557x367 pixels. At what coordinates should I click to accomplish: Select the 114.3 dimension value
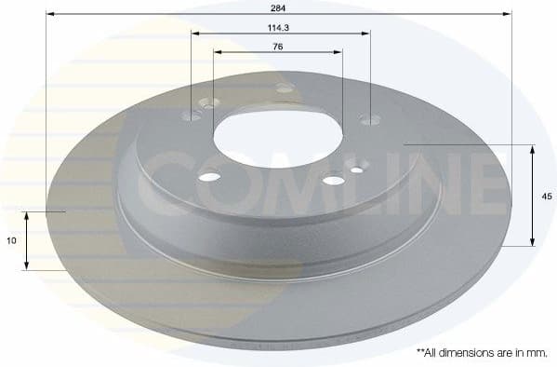(x=280, y=27)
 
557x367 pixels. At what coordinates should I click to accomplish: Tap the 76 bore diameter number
(x=277, y=46)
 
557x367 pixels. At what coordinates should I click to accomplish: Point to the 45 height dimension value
(x=547, y=197)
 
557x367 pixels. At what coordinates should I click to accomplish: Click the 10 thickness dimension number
(x=10, y=240)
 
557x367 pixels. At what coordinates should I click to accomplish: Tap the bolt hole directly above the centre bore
(x=285, y=88)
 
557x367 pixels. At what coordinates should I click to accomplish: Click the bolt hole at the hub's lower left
(x=210, y=176)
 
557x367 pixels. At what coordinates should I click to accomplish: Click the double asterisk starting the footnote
(x=419, y=351)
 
